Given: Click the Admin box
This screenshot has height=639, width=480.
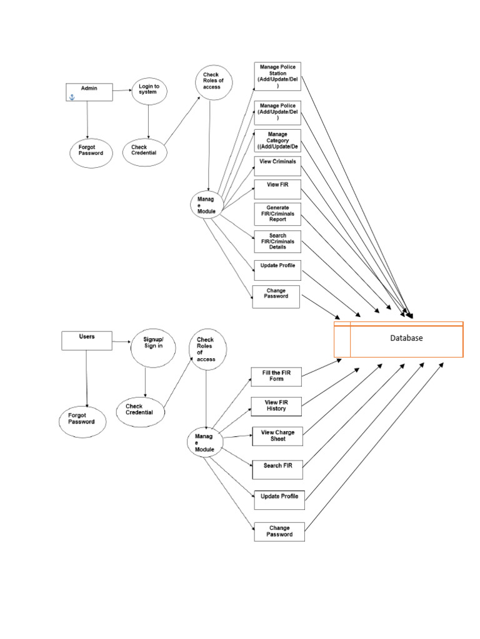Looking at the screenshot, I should point(89,91).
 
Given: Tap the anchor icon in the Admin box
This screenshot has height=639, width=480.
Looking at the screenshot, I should point(71,97).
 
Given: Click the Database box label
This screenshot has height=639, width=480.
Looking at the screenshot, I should point(406,338).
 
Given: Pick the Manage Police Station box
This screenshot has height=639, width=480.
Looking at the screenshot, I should point(277,76).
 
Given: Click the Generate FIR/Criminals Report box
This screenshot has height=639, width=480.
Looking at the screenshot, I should point(277,213).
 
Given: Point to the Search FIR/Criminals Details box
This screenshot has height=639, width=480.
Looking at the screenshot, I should point(277,241).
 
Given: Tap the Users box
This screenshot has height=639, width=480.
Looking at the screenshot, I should point(87,340).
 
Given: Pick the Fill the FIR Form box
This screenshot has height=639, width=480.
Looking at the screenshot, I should point(276,376).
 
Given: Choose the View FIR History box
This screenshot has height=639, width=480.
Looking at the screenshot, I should point(276,406).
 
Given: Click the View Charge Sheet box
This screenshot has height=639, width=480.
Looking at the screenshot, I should point(277,436).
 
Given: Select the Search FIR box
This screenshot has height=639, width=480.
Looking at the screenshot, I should point(277,466).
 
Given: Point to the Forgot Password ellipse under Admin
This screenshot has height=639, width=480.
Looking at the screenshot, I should point(91,152).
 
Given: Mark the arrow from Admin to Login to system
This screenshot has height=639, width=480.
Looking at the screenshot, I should point(122,90).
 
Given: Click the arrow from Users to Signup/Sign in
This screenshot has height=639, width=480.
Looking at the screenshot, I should point(122,341).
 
